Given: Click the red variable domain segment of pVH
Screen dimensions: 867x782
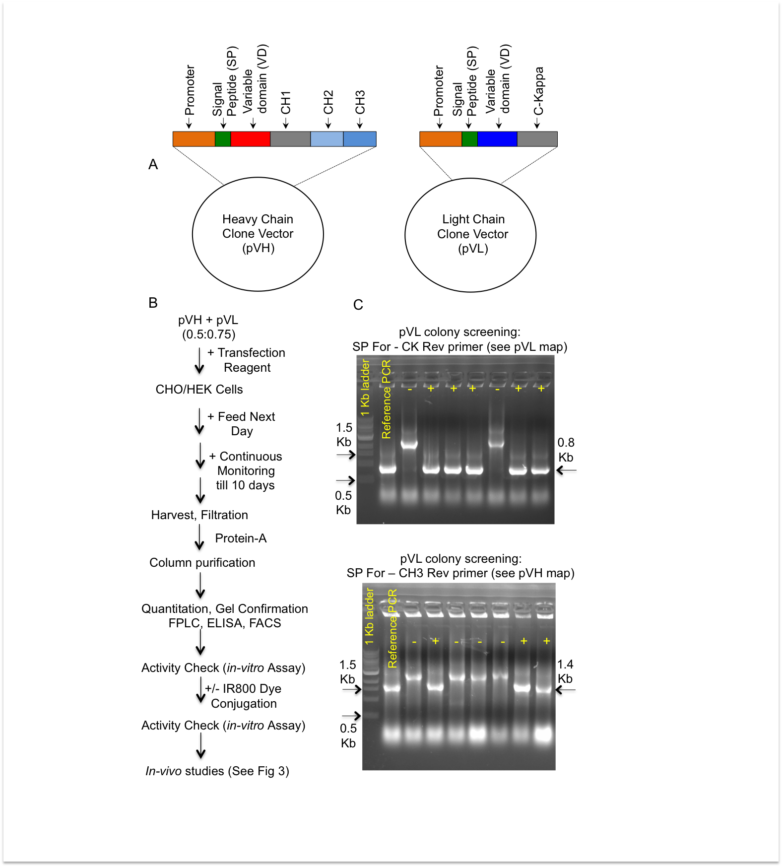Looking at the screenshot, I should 250,139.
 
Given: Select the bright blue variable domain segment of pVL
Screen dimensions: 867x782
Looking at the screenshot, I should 497,139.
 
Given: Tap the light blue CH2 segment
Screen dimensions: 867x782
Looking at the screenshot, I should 326,139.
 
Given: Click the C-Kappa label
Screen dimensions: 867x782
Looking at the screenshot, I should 539,91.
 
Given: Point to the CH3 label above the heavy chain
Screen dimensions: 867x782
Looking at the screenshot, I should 360,102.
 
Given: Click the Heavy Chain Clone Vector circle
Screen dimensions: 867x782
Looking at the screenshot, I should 258,234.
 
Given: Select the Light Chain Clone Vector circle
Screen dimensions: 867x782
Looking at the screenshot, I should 470,235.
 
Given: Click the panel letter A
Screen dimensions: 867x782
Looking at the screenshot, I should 153,164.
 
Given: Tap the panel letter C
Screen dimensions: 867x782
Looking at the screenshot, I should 358,305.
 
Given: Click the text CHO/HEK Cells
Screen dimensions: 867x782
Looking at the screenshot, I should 199,390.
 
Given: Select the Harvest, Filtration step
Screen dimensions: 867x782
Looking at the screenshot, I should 199,515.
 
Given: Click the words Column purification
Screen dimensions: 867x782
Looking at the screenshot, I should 202,563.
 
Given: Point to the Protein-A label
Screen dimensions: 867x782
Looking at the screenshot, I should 241,538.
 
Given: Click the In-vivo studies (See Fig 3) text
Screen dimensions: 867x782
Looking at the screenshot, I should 217,771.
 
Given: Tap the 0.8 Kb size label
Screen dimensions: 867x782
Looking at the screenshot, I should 566,450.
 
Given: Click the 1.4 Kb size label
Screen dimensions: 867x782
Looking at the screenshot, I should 565,671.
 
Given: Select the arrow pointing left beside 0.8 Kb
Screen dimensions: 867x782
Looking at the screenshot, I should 566,470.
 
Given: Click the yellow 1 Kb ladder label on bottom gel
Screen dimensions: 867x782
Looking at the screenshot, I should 369,616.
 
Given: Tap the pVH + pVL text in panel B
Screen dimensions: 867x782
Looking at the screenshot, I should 208,320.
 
